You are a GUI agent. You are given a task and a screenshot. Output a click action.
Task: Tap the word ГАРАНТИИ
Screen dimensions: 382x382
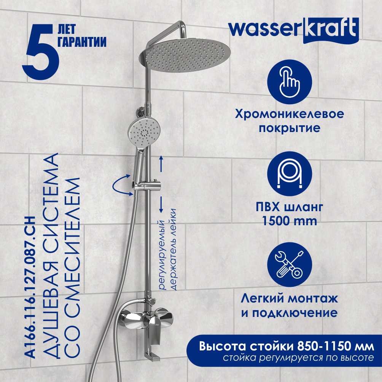82,41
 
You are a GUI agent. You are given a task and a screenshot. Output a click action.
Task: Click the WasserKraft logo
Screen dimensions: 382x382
294,31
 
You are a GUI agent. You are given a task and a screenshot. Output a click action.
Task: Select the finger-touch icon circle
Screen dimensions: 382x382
290,82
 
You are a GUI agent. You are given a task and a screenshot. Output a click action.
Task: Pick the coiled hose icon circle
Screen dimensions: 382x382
290,174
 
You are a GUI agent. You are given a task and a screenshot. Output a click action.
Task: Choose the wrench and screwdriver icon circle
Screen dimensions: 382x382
290,265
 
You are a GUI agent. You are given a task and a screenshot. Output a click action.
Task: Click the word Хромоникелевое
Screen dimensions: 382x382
290,114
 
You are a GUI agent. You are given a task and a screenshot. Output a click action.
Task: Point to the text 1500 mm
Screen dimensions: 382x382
290,221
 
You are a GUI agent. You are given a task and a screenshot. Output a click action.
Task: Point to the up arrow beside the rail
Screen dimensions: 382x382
161,164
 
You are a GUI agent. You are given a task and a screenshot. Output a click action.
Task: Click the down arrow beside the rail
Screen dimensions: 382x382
161,205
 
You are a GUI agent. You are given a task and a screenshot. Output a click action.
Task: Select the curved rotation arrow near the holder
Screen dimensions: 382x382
120,185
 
